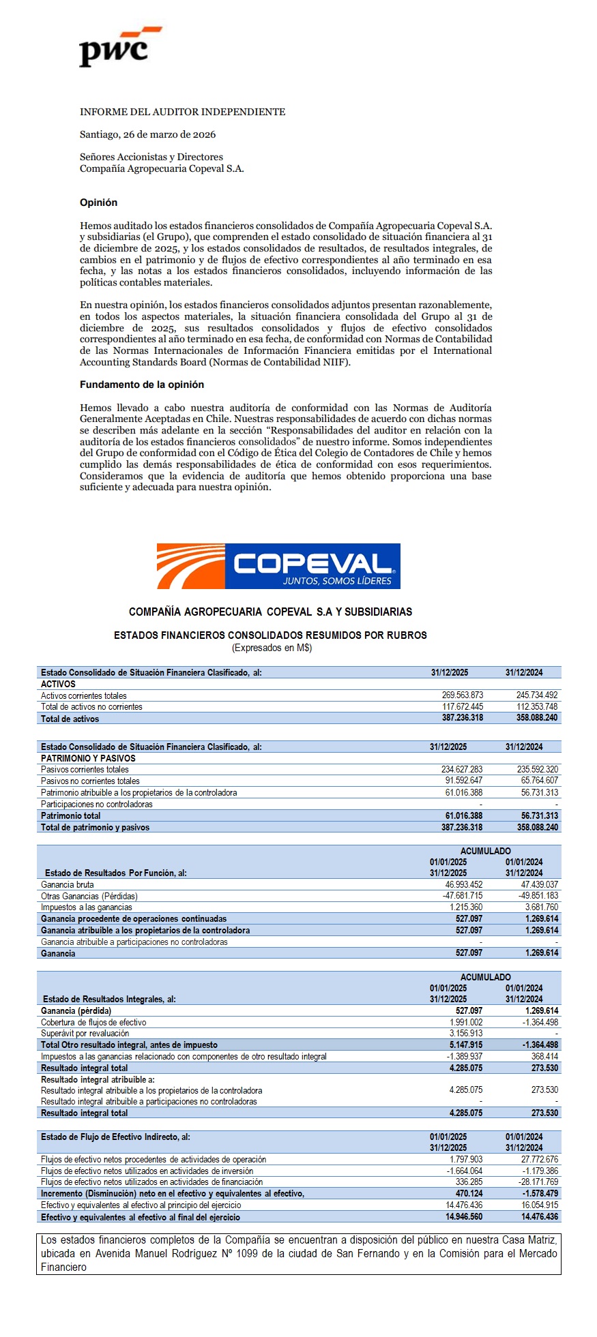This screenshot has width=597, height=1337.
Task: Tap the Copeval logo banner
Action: [278, 566]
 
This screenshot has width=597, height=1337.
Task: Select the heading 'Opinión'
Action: [98, 202]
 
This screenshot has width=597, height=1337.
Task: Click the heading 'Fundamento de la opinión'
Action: [142, 385]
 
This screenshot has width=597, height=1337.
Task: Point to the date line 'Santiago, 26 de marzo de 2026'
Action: [147, 134]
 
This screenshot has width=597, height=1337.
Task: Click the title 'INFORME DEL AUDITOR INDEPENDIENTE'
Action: [182, 112]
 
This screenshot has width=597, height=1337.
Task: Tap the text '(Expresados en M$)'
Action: [272, 648]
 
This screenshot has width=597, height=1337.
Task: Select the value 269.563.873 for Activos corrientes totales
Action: [462, 695]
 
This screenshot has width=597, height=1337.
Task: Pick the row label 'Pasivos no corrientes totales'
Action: [90, 781]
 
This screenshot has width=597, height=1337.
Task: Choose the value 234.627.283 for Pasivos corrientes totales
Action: [462, 770]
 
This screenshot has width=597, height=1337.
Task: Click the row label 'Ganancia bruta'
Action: [68, 885]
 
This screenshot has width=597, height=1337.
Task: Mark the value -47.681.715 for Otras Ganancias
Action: [462, 896]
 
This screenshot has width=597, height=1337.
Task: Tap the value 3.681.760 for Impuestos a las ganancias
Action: [541, 907]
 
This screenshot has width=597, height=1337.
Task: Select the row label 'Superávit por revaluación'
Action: [85, 1034]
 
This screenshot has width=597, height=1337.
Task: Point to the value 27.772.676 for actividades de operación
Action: [539, 1159]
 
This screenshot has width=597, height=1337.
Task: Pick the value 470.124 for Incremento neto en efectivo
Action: [469, 1193]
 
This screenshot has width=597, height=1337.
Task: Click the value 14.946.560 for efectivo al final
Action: [464, 1217]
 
